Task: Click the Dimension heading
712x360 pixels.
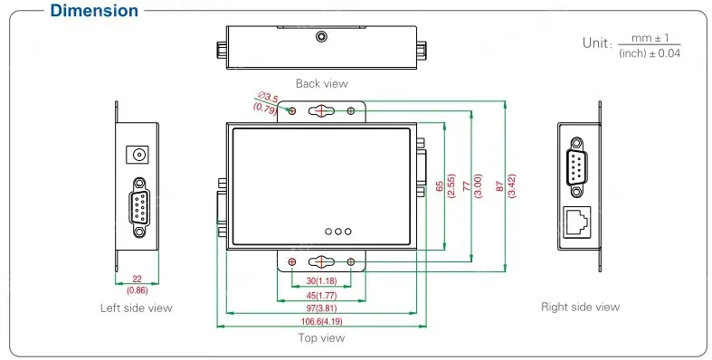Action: (94, 11)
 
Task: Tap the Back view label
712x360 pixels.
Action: (321, 83)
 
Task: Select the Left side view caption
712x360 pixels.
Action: (137, 308)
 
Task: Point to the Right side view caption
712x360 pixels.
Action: (580, 308)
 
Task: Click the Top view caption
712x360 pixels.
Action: (321, 337)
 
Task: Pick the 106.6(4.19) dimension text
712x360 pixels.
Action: (321, 321)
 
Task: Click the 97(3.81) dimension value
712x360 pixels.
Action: (321, 308)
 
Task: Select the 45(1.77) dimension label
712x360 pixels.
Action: (321, 296)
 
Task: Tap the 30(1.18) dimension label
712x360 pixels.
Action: (321, 281)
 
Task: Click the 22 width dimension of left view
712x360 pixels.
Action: (137, 279)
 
